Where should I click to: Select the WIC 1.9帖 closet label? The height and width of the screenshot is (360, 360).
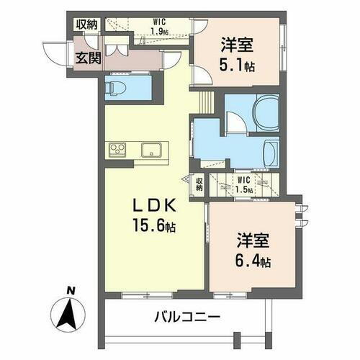(x=160, y=27)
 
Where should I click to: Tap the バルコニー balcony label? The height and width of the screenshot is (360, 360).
(x=186, y=317)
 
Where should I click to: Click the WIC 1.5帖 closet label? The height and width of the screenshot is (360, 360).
(x=243, y=184)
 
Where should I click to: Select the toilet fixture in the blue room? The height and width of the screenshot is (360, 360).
(x=116, y=87)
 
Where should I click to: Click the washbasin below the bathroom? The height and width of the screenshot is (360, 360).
(x=269, y=152)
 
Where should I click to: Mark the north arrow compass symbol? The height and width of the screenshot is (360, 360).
(x=70, y=312)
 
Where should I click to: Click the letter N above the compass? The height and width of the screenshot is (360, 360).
(x=70, y=291)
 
